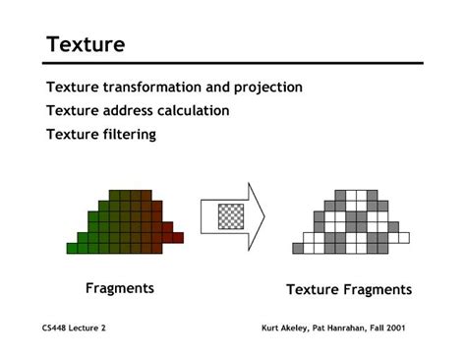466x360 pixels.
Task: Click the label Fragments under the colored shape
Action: click(119, 288)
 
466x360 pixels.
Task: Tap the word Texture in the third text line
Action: click(72, 135)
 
